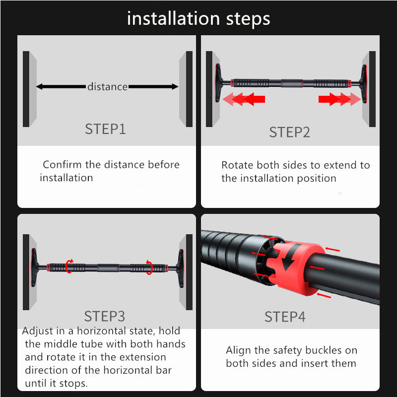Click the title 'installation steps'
(x=198, y=19)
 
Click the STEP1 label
(x=105, y=130)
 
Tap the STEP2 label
(x=289, y=132)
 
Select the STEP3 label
(x=104, y=316)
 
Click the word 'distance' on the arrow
(x=107, y=87)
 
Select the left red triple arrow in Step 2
(x=243, y=99)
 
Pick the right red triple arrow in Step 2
(x=339, y=99)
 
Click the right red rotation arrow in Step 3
(x=148, y=266)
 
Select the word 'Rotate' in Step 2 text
(x=237, y=165)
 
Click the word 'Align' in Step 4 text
(x=239, y=350)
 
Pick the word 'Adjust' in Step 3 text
(x=38, y=331)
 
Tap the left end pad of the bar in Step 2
(x=217, y=82)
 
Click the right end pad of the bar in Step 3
(x=181, y=267)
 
